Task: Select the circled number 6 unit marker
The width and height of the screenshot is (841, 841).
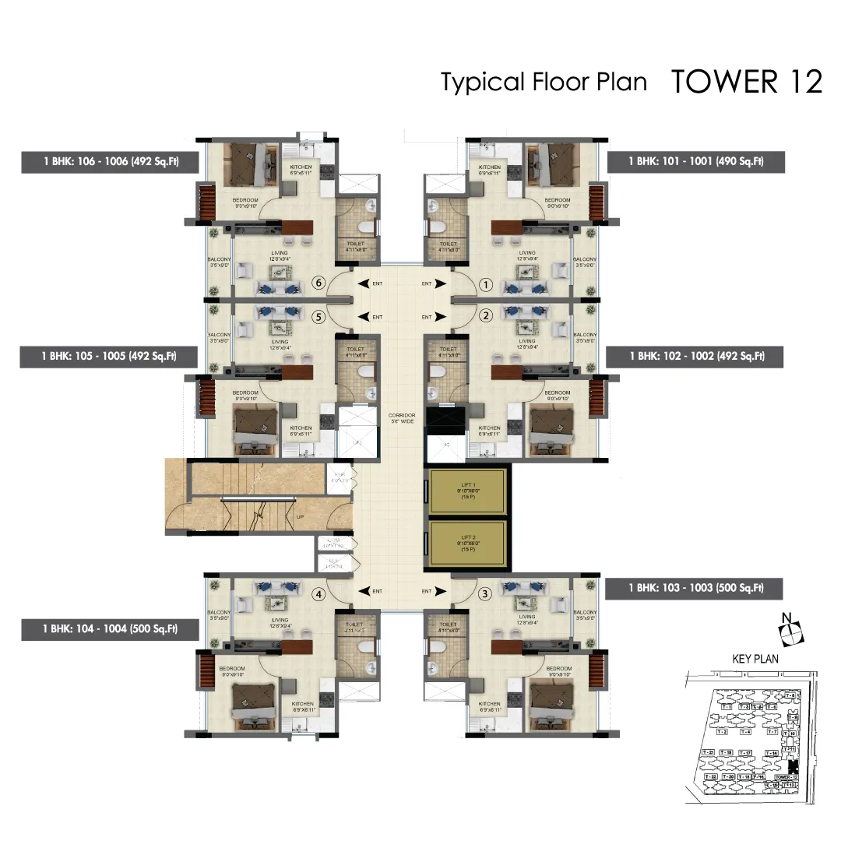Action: point(317,284)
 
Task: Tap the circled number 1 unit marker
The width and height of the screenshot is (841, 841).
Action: point(485,285)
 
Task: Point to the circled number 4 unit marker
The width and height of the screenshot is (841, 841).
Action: point(318,594)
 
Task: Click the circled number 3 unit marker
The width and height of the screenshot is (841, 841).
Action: point(485,594)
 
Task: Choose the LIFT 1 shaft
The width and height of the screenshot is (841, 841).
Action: point(469,491)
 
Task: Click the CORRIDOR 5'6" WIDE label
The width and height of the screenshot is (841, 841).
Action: point(402,419)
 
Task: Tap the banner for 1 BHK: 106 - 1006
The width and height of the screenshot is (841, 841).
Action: point(110,162)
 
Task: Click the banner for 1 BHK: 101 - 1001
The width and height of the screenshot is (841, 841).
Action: point(695,162)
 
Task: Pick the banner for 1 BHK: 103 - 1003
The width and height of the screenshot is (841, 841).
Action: point(695,589)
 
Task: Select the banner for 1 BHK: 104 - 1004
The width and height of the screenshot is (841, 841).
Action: point(110,628)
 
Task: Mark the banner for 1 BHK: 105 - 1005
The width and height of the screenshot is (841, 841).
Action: point(110,356)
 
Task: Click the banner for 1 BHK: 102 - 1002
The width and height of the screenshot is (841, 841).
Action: point(695,356)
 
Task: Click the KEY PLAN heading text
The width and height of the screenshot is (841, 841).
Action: point(755,659)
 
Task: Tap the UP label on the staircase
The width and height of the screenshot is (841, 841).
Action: point(300,516)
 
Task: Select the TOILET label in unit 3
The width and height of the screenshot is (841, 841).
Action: point(448,625)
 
